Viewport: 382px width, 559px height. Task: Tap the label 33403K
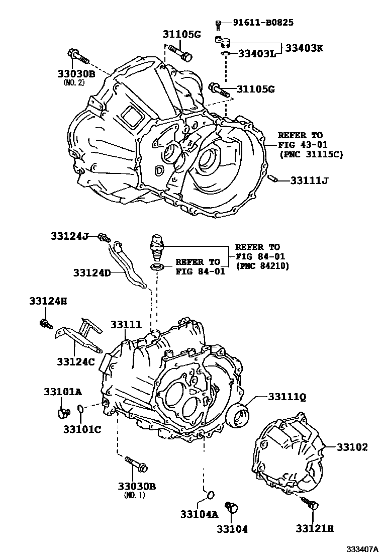305,48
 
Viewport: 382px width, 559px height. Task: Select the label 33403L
257,53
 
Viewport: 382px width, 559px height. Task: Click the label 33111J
309,180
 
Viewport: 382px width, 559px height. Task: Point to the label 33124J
69,235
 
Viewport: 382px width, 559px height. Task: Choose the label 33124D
92,272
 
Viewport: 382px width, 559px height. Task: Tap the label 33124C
75,360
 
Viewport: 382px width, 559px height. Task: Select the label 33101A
62,392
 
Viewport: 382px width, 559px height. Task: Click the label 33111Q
286,397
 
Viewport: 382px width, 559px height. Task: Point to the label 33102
352,446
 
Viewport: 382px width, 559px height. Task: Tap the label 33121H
315,528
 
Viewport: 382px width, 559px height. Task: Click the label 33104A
199,514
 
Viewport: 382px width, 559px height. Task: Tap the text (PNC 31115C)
311,154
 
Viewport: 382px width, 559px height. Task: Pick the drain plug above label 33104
231,507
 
